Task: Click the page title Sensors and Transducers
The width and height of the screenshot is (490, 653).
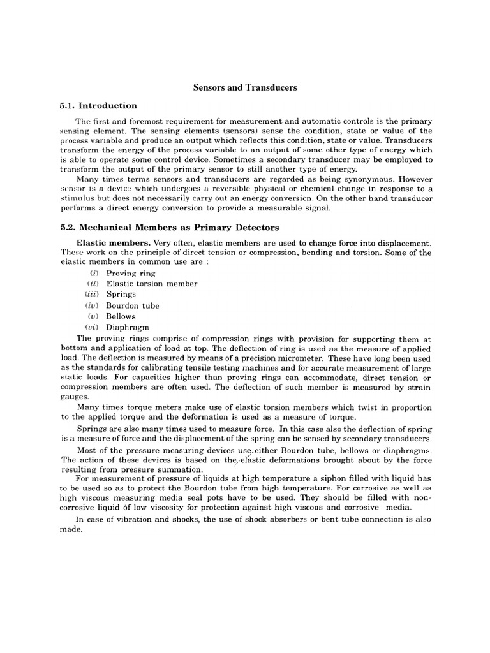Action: coord(246,87)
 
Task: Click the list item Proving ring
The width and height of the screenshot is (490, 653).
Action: coord(130,273)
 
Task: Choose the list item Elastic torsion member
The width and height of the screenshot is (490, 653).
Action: coord(152,284)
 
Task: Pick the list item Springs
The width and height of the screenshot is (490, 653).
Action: coord(121,295)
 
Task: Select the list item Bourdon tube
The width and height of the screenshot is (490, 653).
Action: coord(133,305)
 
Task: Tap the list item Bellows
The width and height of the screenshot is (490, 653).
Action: coord(121,316)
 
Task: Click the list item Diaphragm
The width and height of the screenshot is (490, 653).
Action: coord(128,327)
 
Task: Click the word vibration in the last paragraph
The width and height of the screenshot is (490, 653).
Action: coord(126,520)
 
